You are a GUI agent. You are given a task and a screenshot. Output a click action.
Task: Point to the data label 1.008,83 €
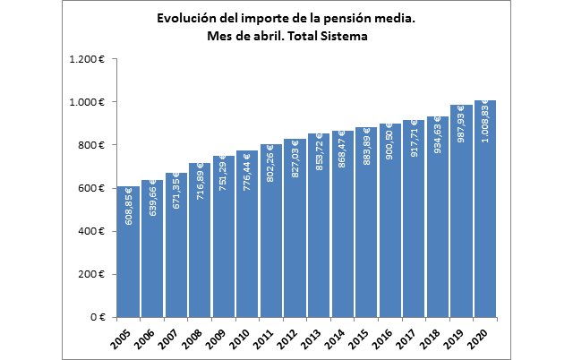(x=486, y=125)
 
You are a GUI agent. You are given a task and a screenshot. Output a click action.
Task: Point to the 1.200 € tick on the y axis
(x=88, y=59)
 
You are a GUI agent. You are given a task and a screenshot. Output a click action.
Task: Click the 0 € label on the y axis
(x=97, y=317)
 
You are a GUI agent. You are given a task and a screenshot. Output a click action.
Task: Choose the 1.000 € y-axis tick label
(x=88, y=102)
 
